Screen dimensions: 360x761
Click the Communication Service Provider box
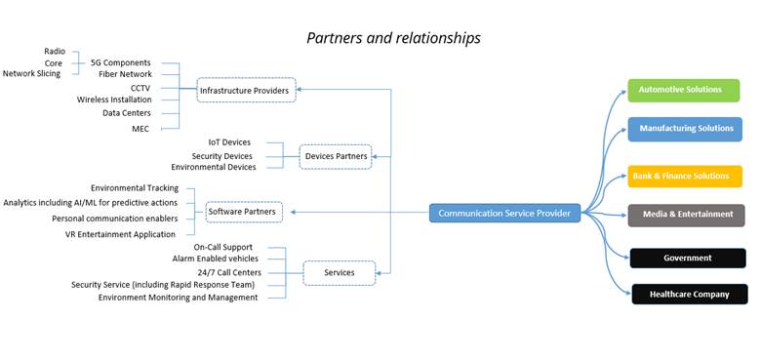tap(504, 213)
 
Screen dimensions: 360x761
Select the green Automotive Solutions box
tap(683, 90)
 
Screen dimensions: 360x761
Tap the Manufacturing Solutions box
tap(685, 129)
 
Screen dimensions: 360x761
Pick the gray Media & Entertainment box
tap(686, 215)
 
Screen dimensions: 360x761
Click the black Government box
tap(687, 259)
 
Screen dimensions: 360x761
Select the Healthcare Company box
tap(689, 294)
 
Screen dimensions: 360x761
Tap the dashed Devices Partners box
tap(336, 156)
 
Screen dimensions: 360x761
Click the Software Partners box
tap(242, 211)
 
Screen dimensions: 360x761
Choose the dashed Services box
tap(339, 273)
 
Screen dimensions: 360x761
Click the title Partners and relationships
tap(393, 38)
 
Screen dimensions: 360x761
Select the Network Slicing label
tap(31, 74)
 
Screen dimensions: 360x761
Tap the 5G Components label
tap(120, 62)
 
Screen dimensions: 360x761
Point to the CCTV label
tap(140, 88)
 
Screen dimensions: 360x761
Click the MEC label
tap(140, 128)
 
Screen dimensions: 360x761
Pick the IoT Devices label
tap(229, 142)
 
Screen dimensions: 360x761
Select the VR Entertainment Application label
tap(120, 234)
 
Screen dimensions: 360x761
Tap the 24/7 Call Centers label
tap(227, 273)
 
